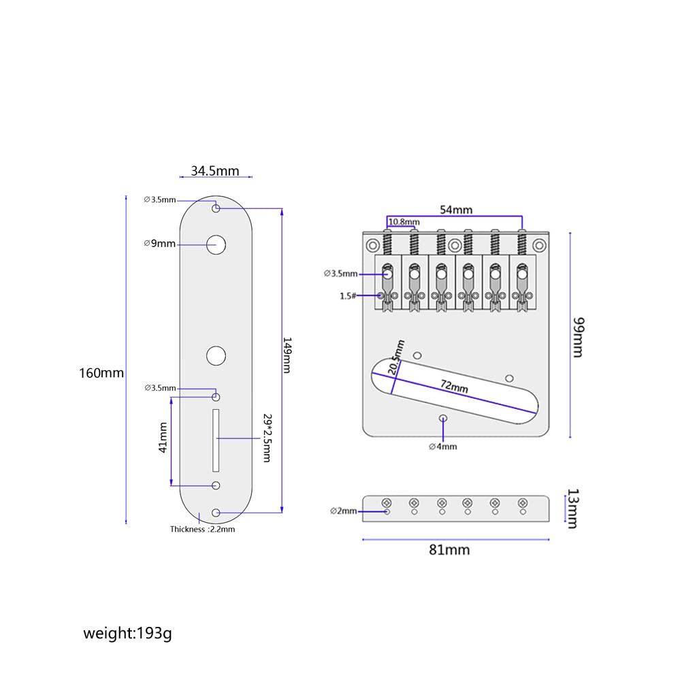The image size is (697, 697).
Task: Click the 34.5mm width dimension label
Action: click(214, 171)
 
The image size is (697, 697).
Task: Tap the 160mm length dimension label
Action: click(101, 373)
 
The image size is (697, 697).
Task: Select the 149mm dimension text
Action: click(287, 355)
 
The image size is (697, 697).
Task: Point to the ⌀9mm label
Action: click(160, 244)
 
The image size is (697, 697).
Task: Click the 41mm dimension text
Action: click(163, 438)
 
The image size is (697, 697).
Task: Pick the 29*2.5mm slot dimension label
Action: click(266, 438)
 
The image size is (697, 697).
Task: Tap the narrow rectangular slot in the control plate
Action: click(216, 440)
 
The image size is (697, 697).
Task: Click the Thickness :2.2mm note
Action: click(202, 529)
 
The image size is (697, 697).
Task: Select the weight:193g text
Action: click(127, 634)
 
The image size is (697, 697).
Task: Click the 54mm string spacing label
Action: click(455, 210)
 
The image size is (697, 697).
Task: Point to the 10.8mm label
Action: click(404, 222)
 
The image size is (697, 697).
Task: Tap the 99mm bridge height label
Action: click(578, 337)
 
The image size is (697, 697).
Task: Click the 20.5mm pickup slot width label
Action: click(395, 357)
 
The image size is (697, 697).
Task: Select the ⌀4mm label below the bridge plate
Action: click(442, 447)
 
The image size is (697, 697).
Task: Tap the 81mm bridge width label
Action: click(449, 549)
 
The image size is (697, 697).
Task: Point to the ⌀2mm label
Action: click(343, 510)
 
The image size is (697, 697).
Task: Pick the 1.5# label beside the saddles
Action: click(347, 295)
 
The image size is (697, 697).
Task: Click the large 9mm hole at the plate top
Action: click(216, 244)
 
